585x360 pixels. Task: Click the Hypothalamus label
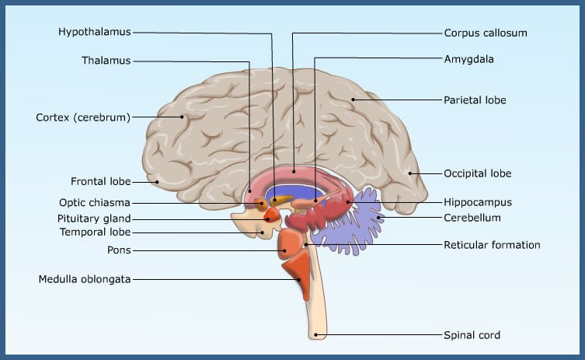(94, 32)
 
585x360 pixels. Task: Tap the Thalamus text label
(106, 61)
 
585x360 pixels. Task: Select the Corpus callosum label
(486, 33)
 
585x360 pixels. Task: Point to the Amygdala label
(469, 59)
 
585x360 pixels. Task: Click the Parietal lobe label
(475, 100)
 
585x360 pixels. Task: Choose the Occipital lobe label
(478, 173)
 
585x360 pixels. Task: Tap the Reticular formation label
(492, 245)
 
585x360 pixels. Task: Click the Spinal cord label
(472, 335)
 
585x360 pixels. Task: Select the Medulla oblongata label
(85, 279)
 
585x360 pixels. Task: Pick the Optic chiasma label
(95, 203)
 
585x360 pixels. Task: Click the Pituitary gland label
(94, 218)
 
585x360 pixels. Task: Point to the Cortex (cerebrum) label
(83, 117)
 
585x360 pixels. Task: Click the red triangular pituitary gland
(273, 215)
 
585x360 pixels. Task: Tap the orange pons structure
(289, 244)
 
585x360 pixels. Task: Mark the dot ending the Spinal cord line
(315, 334)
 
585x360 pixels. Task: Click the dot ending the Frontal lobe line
(157, 182)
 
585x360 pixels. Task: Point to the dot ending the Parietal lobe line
(353, 100)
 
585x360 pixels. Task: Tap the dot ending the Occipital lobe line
(409, 173)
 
